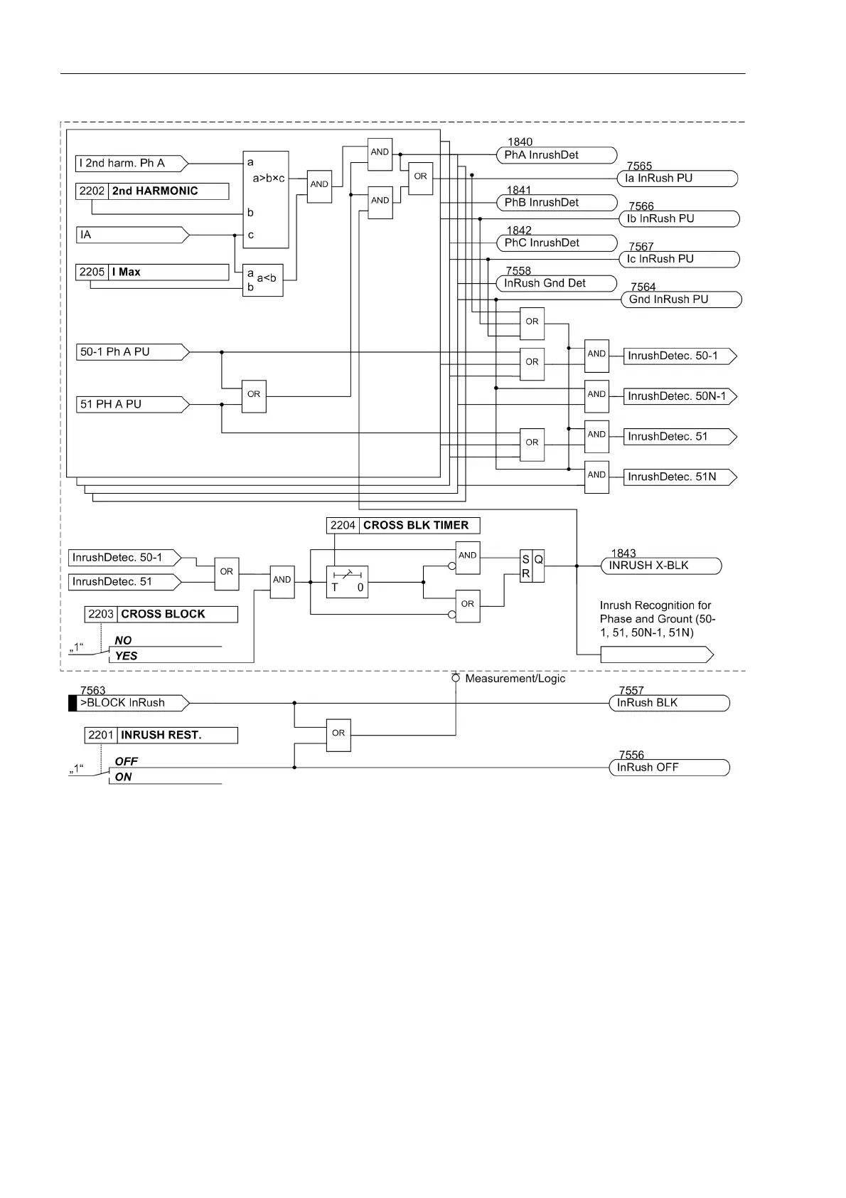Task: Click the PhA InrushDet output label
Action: pyautogui.click(x=556, y=155)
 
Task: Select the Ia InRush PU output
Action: pyautogui.click(x=677, y=179)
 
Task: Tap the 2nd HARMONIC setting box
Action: pyautogui.click(x=152, y=191)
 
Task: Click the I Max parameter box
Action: pyautogui.click(x=152, y=272)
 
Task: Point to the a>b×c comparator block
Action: pyautogui.click(x=266, y=199)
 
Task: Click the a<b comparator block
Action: pyautogui.click(x=262, y=280)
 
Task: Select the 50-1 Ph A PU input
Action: pyautogui.click(x=132, y=352)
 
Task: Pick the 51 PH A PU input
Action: pyautogui.click(x=132, y=405)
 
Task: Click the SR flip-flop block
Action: pyautogui.click(x=532, y=566)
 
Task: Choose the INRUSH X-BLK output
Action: pyautogui.click(x=660, y=566)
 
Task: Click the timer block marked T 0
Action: pyautogui.click(x=347, y=582)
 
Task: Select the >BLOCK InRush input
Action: pyautogui.click(x=129, y=704)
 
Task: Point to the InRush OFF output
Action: pyautogui.click(x=669, y=768)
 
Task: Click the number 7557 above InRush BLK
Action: pyautogui.click(x=631, y=691)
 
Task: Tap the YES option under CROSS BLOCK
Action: pyautogui.click(x=127, y=656)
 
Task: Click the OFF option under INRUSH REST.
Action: pyautogui.click(x=127, y=762)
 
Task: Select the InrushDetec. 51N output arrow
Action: pyautogui.click(x=680, y=477)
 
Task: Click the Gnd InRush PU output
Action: pyautogui.click(x=681, y=299)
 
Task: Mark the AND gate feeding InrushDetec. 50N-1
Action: pyautogui.click(x=596, y=395)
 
